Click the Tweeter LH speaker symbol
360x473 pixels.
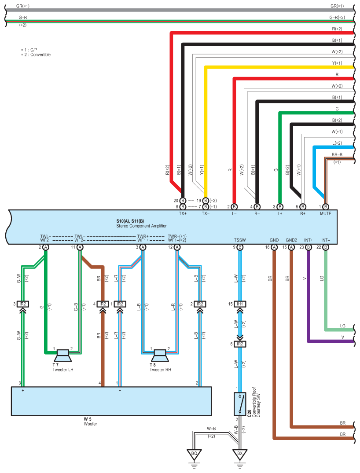(63, 356)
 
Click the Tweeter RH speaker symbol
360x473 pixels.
(160, 356)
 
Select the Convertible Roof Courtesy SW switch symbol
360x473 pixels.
(240, 403)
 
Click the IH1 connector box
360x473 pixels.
(240, 304)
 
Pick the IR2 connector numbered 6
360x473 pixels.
(240, 344)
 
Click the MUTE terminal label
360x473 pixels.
(326, 213)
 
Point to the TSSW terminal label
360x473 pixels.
(240, 240)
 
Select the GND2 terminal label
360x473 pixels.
(291, 240)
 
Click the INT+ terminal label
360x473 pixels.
(309, 240)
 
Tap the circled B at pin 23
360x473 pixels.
(309, 247)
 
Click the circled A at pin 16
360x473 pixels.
(274, 247)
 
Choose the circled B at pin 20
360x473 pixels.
(183, 201)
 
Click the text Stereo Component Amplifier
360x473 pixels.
(141, 226)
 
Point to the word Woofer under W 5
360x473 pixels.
(90, 424)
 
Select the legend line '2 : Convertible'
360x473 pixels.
(36, 55)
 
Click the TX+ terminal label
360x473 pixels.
(183, 213)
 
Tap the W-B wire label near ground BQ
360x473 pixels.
(211, 429)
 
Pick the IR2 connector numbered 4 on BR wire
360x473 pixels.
(103, 304)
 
